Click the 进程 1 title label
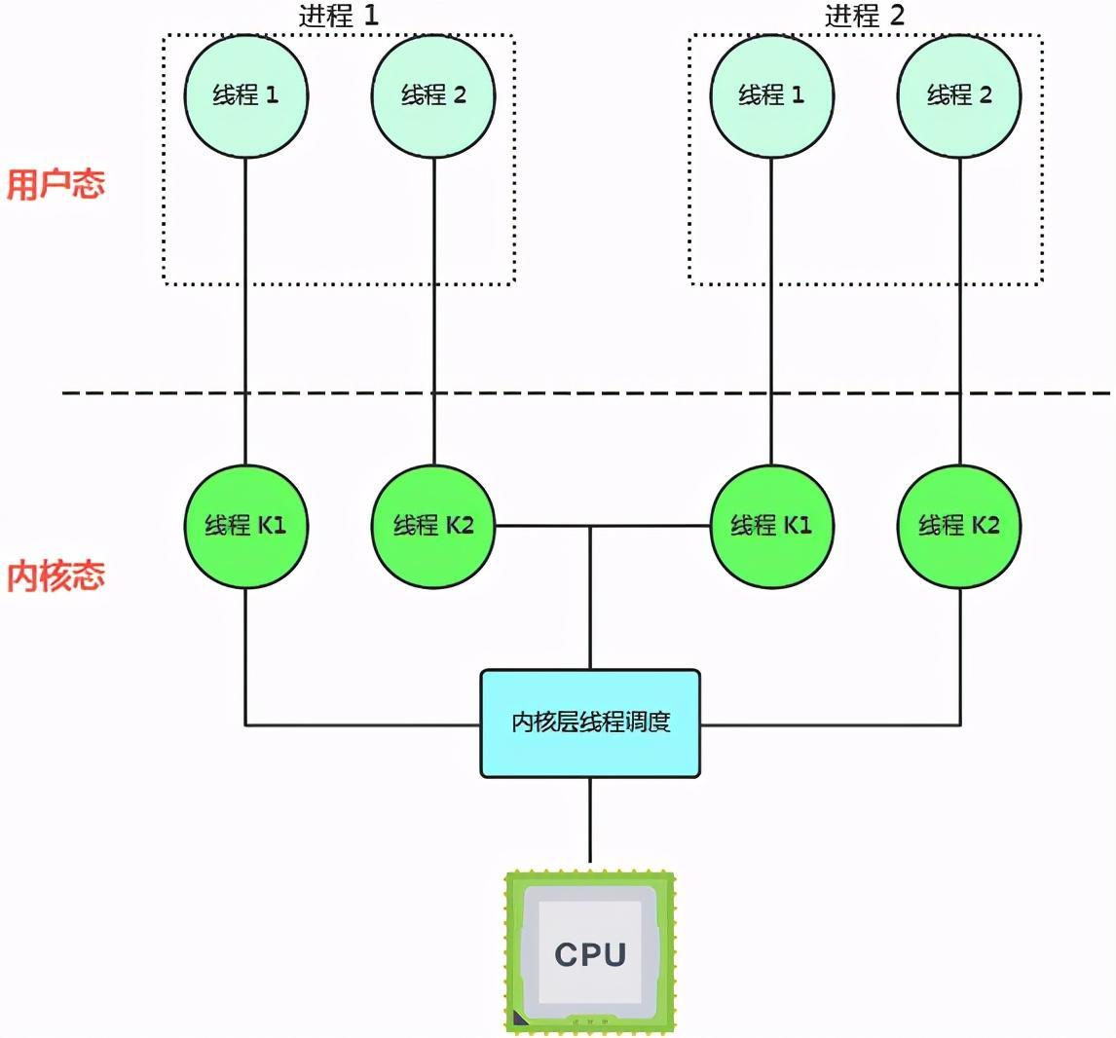click(x=338, y=16)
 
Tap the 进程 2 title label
click(x=865, y=16)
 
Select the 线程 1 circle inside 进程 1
click(x=245, y=95)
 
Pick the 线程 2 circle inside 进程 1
click(x=433, y=95)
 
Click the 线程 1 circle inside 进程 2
click(x=771, y=95)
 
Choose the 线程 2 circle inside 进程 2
click(x=959, y=95)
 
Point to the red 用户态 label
click(x=56, y=184)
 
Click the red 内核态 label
click(x=56, y=575)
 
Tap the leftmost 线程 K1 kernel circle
click(x=245, y=526)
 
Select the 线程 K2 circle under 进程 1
click(x=433, y=526)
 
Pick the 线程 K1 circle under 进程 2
click(x=771, y=526)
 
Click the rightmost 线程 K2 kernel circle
click(x=959, y=526)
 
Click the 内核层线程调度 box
click(x=590, y=723)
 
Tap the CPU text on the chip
click(x=590, y=953)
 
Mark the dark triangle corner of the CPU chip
click(x=519, y=1019)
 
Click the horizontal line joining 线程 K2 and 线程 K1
click(x=545, y=526)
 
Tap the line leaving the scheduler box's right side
click(x=828, y=724)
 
